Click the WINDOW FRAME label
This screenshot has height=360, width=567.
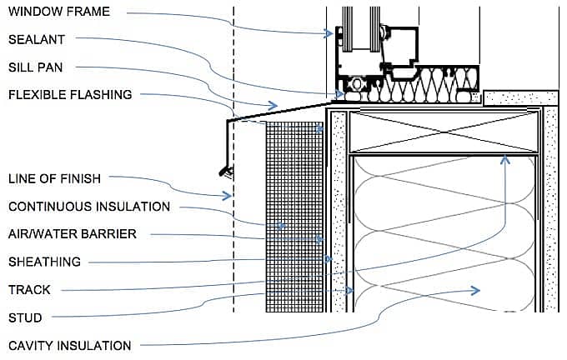(58, 12)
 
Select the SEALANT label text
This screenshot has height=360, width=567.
(36, 39)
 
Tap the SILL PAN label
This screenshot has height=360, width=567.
(36, 67)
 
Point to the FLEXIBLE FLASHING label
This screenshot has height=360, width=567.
(70, 95)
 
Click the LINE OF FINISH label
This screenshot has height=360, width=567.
(53, 178)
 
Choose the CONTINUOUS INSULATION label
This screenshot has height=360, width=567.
(89, 206)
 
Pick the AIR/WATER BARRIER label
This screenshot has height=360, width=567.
(73, 234)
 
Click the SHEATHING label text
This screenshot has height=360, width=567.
(44, 262)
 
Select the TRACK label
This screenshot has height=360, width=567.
(29, 290)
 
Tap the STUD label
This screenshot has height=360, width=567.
(25, 317)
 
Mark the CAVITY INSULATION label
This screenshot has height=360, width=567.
(69, 345)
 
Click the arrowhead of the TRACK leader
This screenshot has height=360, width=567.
(504, 158)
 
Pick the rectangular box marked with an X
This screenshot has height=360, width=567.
(442, 131)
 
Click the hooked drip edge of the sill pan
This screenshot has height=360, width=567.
(225, 171)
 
